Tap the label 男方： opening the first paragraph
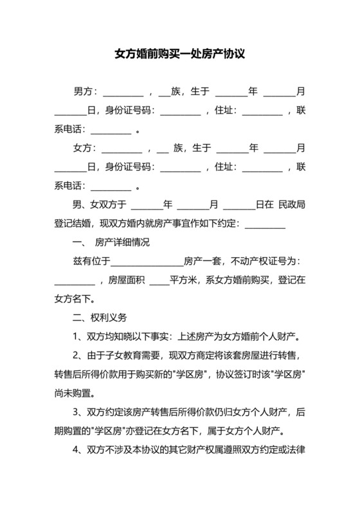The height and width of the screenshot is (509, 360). click(85, 91)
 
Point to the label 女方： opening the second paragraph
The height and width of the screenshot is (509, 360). click(85, 148)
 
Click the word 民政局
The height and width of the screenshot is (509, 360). click(291, 205)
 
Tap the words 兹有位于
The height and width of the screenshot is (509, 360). click(93, 261)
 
